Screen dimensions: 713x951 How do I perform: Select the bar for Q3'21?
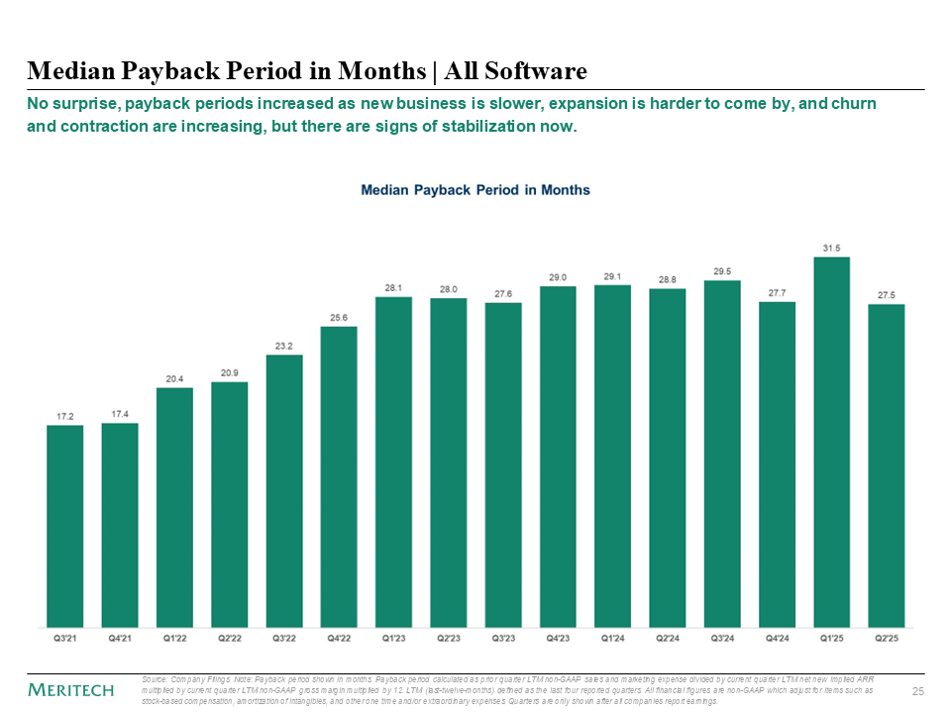tap(65, 526)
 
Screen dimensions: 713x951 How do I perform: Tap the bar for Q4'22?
tap(339, 476)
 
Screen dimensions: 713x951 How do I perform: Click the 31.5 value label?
tap(831, 248)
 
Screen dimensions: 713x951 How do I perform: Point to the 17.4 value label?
tap(120, 414)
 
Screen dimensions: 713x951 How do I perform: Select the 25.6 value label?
tap(339, 317)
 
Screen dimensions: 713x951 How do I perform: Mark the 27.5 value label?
tap(886, 295)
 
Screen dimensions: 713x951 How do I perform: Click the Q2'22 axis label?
tap(230, 639)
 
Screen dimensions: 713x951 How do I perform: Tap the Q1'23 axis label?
tap(393, 639)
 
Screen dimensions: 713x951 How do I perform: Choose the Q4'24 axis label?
tap(777, 639)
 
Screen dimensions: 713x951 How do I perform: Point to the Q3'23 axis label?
tap(503, 639)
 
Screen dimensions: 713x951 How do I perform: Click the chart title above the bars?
tap(475, 189)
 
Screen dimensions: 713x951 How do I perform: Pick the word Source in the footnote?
tap(155, 678)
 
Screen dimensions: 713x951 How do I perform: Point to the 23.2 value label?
tap(284, 346)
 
